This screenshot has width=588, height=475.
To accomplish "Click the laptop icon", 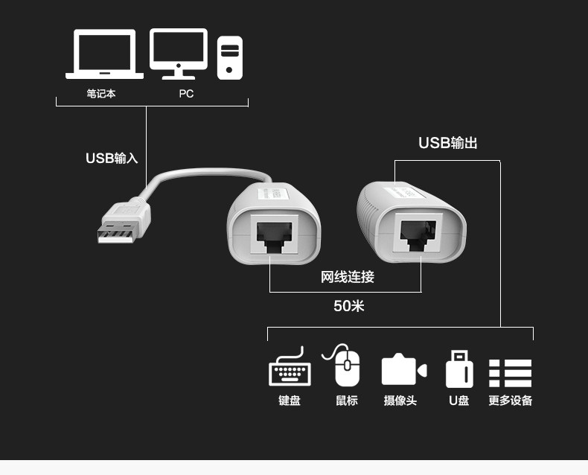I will [104, 54].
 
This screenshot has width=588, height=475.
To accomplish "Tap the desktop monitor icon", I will [179, 53].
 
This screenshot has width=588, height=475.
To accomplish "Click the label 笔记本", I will [101, 95].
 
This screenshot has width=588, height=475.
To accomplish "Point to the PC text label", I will [186, 95].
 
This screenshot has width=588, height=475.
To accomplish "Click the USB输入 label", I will [112, 158].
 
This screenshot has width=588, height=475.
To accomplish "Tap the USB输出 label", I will [447, 143].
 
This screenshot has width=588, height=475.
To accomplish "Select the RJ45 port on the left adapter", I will [275, 235].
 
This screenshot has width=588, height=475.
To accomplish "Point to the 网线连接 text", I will [347, 278].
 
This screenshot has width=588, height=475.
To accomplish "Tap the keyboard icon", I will [290, 369].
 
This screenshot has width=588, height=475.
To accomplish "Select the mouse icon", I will [345, 365].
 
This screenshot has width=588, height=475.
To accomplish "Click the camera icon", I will [403, 370].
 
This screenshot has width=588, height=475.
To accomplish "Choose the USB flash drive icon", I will [458, 369].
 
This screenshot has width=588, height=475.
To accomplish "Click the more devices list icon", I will [510, 373].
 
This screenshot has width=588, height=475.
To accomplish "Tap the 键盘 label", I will [290, 401].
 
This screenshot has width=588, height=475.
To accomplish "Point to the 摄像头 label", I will [400, 401].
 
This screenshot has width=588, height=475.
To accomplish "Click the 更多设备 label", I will [511, 401].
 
